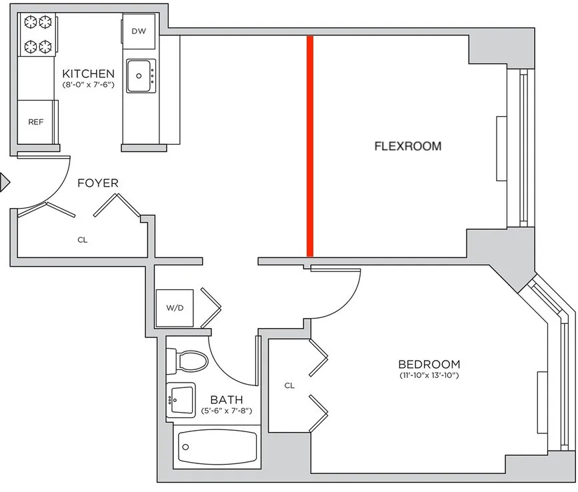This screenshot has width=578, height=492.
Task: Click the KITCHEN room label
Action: tap(89, 73)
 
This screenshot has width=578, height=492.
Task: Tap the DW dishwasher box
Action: tap(139, 31)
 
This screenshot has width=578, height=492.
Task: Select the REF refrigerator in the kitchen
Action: tap(36, 122)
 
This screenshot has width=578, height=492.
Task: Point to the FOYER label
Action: tap(98, 183)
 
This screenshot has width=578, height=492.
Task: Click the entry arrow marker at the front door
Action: tap(5, 182)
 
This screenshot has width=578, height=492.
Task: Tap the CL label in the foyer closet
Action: tap(83, 240)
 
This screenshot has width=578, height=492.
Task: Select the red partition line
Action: tap(310, 146)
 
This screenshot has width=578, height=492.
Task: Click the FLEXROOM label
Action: tap(408, 146)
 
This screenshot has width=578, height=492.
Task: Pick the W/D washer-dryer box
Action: tap(175, 308)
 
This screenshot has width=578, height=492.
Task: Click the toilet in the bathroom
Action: tap(187, 361)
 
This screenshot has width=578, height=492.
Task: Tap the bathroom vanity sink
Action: tap(181, 400)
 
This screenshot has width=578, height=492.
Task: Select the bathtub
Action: tap(217, 447)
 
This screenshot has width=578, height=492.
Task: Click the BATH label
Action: tap(227, 400)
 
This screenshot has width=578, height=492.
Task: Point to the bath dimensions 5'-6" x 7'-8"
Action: tap(227, 411)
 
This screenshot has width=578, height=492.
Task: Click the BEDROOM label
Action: tap(429, 365)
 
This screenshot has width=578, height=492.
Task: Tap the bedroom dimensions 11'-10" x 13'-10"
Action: tap(429, 375)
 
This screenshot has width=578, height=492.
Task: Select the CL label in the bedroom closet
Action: tap(289, 385)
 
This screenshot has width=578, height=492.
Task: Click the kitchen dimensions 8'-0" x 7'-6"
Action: tap(89, 85)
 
